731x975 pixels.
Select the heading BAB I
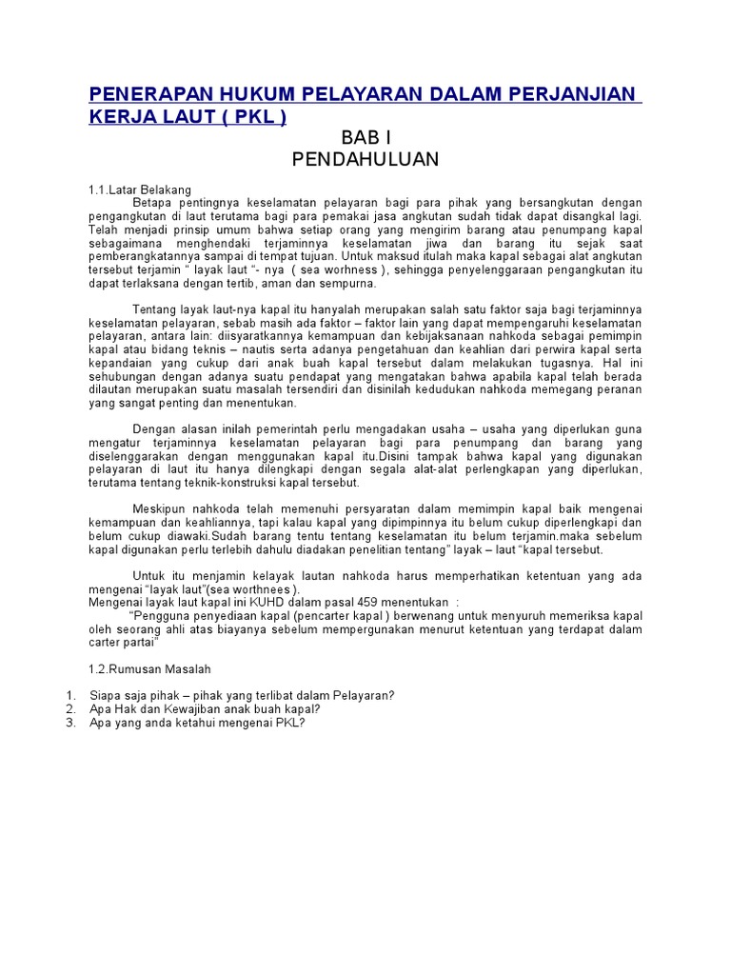pyautogui.click(x=365, y=138)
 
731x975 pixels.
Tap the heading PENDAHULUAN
pyautogui.click(x=365, y=160)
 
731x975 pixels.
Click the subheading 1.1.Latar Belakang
pyautogui.click(x=140, y=190)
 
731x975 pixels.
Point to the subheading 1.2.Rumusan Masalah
pyautogui.click(x=149, y=669)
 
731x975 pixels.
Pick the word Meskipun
pyautogui.click(x=160, y=509)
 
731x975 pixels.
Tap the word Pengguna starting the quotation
pyautogui.click(x=162, y=615)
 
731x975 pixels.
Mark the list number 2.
pyautogui.click(x=70, y=709)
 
